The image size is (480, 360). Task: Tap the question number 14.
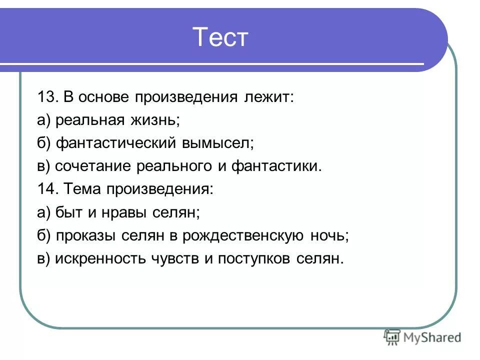click(47, 189)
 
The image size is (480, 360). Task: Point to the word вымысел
click(219, 143)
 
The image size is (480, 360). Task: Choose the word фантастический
click(115, 143)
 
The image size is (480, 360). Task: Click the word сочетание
click(93, 166)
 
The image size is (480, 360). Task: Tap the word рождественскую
click(243, 236)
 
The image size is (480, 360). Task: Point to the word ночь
click(328, 236)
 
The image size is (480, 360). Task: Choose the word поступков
click(256, 259)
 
